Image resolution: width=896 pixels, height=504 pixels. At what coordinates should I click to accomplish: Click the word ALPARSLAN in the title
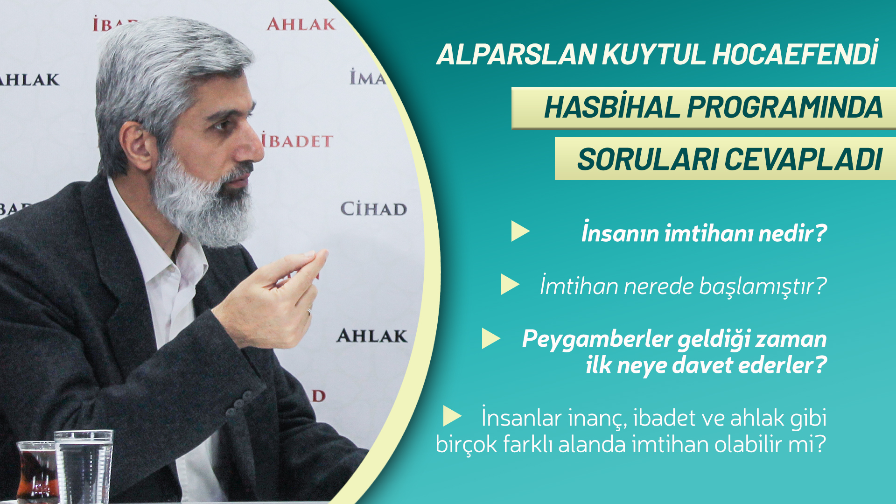(517, 55)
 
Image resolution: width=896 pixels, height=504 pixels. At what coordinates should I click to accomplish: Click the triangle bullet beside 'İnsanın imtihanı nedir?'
(520, 231)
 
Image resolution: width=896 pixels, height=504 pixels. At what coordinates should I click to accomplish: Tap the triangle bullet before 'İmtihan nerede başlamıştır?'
(510, 284)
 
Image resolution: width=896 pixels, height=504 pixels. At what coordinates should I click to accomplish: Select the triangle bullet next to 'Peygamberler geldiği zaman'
(491, 338)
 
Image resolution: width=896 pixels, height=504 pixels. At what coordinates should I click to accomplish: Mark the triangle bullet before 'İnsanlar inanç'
(452, 416)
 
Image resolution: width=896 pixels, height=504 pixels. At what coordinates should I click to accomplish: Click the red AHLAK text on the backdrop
(301, 24)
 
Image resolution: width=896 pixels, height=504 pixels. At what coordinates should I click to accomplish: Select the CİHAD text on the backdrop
(373, 209)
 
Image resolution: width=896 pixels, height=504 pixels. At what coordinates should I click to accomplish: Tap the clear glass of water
(84, 467)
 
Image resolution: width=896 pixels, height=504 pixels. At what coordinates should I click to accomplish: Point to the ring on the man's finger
(309, 311)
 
